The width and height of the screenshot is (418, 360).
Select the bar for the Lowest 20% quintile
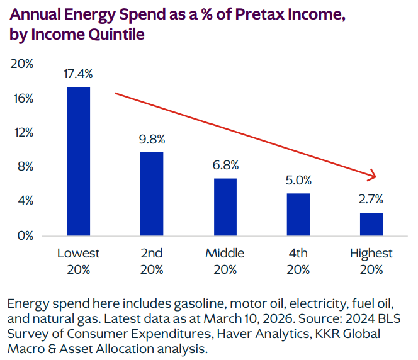pos(79,162)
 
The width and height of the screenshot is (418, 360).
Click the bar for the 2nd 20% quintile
pos(152,194)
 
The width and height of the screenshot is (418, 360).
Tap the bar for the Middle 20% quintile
pos(225,207)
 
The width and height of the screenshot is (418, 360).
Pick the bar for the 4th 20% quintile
pos(298,215)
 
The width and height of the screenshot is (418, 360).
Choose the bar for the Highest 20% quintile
pos(371,224)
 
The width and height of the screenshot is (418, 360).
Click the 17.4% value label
pos(79,74)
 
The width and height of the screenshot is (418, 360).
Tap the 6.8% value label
pos(225,165)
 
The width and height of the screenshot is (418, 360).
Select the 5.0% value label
pos(298,180)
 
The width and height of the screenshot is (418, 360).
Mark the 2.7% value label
pos(371,200)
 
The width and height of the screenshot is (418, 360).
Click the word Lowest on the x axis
pos(79,254)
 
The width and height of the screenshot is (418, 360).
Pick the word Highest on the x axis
pos(371,254)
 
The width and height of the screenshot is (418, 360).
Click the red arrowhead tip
pos(375,176)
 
